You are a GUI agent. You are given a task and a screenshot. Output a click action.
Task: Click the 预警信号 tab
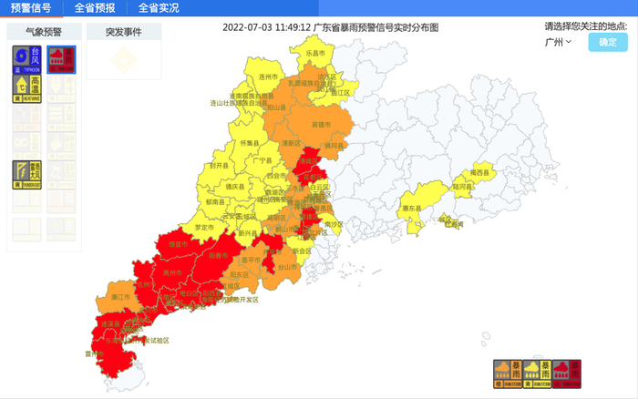[31, 8]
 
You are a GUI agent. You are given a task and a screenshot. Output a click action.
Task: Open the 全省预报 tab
[95, 8]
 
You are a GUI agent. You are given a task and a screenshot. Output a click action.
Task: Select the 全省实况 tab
[159, 8]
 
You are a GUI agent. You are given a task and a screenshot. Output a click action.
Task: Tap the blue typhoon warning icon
[26, 60]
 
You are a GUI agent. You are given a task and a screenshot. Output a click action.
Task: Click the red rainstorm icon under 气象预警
[60, 60]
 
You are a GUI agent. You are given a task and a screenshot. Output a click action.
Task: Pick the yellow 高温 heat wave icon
[26, 88]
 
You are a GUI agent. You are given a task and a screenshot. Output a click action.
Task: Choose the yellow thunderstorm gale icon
[26, 174]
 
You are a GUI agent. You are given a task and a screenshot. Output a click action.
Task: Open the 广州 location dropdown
[558, 42]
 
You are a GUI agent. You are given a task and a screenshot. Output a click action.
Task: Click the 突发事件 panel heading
[124, 32]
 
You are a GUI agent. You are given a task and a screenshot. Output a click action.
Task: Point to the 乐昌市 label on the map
[315, 55]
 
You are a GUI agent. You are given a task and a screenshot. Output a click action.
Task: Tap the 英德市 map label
[322, 124]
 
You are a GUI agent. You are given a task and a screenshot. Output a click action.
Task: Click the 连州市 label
[267, 77]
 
